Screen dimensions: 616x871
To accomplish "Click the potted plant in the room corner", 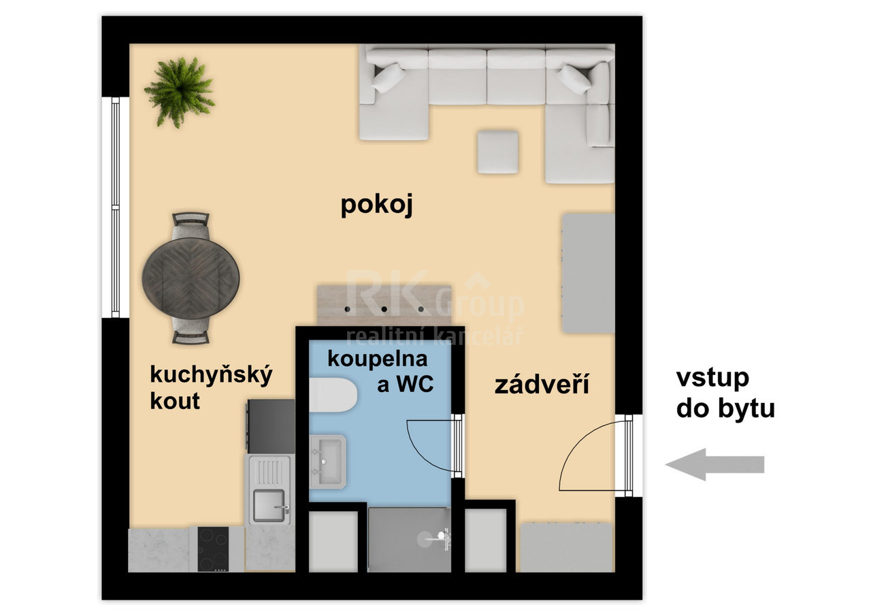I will pyautogui.click(x=179, y=91).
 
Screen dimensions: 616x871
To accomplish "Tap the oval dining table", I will pyautogui.click(x=191, y=279).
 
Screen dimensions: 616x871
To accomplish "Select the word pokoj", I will pyautogui.click(x=377, y=205).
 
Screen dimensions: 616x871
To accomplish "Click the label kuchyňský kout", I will pyautogui.click(x=210, y=387).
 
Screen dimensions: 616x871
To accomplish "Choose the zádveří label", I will pyautogui.click(x=542, y=385).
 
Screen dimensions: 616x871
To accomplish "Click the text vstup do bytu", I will pyautogui.click(x=725, y=393).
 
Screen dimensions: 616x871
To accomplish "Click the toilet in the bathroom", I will pyautogui.click(x=333, y=395).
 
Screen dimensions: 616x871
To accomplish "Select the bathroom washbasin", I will pyautogui.click(x=327, y=461).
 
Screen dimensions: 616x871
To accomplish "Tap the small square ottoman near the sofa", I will pyautogui.click(x=497, y=152).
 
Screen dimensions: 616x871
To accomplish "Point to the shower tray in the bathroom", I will pyautogui.click(x=409, y=539).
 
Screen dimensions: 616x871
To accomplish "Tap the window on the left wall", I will pyautogui.click(x=115, y=207).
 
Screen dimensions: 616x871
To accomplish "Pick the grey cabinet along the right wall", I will pyautogui.click(x=588, y=273).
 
